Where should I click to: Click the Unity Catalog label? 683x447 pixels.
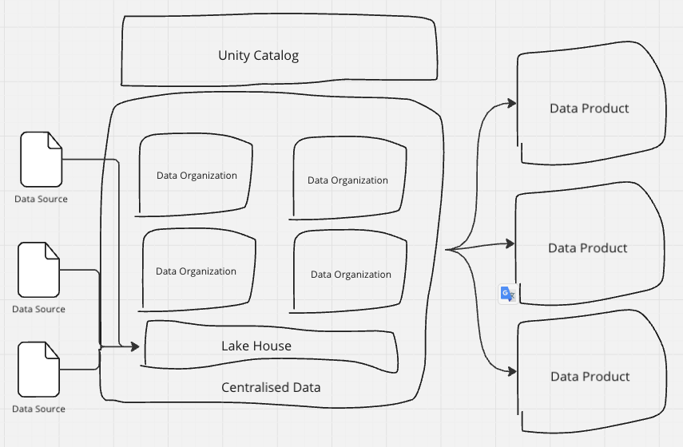258,55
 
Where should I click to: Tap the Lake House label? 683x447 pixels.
256,346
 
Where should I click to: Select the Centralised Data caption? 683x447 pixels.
271,387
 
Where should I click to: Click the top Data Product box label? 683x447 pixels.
590,108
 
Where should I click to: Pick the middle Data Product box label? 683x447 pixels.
588,248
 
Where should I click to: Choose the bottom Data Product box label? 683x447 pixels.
590,376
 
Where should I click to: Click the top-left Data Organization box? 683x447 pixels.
197,176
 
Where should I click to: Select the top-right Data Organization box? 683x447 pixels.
348,180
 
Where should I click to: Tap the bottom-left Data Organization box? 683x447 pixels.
197,271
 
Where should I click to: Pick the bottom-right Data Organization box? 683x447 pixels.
351,274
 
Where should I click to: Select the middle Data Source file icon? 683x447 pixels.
39,270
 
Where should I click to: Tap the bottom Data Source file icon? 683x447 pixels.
39,370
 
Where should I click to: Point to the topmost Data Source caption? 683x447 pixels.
41,199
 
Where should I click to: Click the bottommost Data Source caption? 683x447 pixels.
38,409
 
